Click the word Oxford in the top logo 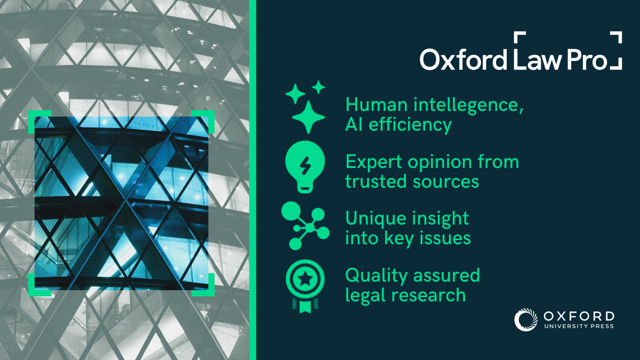pyautogui.click(x=463, y=59)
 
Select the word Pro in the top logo pyautogui.click(x=587, y=59)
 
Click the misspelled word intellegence pyautogui.click(x=469, y=105)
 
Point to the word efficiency pyautogui.click(x=410, y=125)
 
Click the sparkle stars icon pyautogui.click(x=305, y=107)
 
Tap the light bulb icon pyautogui.click(x=305, y=167)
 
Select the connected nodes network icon pyautogui.click(x=305, y=226)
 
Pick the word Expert pyautogui.click(x=374, y=162)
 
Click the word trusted pyautogui.click(x=375, y=181)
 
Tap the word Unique pyautogui.click(x=374, y=219)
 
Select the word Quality pyautogui.click(x=377, y=276)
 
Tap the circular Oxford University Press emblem pyautogui.click(x=526, y=319)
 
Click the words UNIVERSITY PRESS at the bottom pyautogui.click(x=579, y=326)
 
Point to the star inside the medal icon pyautogui.click(x=305, y=278)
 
